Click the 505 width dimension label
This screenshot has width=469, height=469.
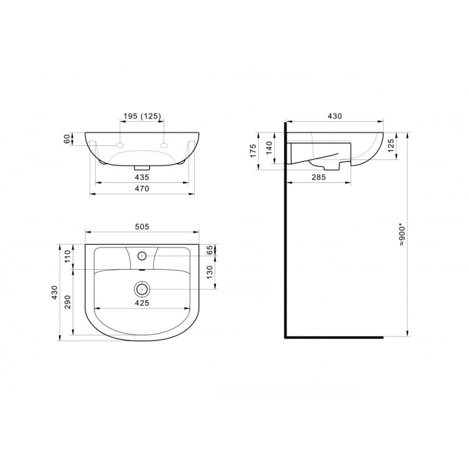[x=142, y=227]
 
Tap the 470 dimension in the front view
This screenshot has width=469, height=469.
[x=142, y=189]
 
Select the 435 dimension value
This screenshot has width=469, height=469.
[x=142, y=178]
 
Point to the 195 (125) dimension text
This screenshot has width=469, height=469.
[x=142, y=116]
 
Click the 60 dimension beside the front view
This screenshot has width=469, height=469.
[x=67, y=139]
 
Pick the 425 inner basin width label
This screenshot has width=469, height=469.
[x=142, y=303]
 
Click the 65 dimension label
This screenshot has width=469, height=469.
[x=210, y=250]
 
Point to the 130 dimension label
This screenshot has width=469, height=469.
[x=210, y=272]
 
